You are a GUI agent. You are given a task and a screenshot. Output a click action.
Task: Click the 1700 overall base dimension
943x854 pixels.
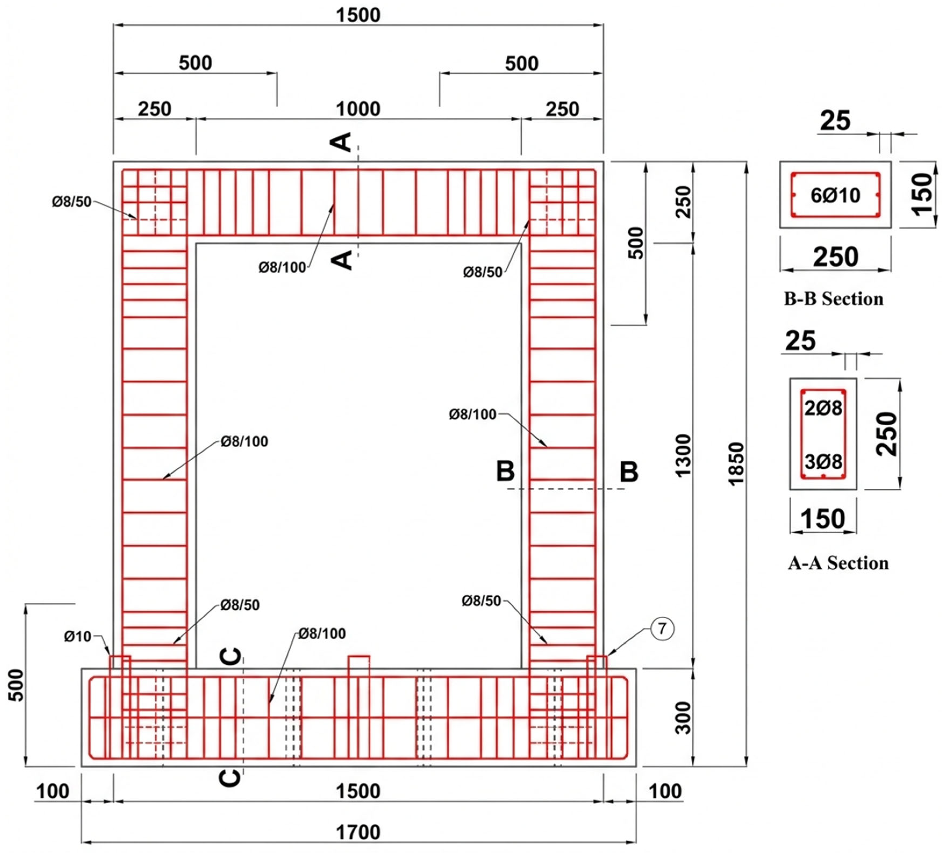(x=358, y=831)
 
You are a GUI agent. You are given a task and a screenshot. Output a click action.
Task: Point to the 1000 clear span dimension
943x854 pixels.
(x=358, y=109)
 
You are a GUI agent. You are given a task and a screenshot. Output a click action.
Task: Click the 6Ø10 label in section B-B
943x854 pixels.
(x=836, y=195)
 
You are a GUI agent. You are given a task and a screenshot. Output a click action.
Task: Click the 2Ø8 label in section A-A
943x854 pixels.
(x=823, y=408)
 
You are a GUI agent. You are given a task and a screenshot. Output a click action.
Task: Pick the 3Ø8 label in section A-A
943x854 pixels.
(x=823, y=462)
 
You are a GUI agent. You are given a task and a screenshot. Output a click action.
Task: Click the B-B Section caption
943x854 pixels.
(x=834, y=299)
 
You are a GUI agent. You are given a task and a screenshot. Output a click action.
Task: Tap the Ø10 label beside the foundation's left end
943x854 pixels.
(x=78, y=637)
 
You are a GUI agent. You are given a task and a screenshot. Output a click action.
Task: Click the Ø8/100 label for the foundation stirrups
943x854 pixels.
(x=322, y=634)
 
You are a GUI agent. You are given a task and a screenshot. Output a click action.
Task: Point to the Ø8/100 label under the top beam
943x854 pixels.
(x=282, y=268)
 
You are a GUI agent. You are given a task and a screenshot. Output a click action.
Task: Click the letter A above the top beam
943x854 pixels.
(x=342, y=142)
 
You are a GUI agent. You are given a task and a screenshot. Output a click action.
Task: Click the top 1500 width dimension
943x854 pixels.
(x=358, y=15)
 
